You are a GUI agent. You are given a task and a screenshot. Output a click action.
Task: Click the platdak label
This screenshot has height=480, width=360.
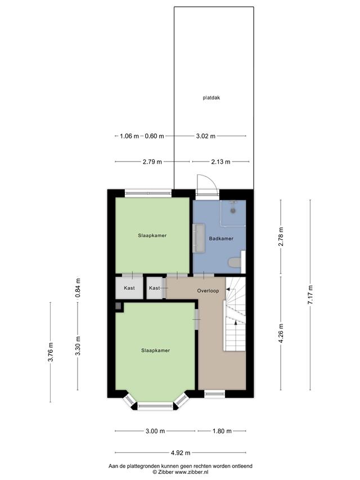point(211,98)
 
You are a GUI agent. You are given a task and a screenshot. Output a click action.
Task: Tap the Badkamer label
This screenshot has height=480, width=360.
point(221,239)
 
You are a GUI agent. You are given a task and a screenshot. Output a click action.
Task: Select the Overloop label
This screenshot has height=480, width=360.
point(208,291)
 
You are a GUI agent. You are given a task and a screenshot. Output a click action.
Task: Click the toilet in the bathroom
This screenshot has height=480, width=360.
point(235,263)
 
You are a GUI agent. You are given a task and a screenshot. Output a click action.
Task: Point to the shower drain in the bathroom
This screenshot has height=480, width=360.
point(233,210)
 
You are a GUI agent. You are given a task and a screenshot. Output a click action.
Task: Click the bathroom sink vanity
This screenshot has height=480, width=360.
point(199,238)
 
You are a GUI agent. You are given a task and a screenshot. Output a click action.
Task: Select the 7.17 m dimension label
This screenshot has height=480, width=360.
point(310,294)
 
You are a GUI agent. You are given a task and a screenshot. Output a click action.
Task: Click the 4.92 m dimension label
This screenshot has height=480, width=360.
point(181,452)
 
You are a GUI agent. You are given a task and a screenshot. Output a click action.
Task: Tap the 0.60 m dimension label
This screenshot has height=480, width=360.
point(154,136)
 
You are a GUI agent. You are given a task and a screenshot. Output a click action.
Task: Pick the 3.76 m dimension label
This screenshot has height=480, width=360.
point(51,352)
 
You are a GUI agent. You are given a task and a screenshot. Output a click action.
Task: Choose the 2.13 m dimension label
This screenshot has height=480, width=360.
point(220,162)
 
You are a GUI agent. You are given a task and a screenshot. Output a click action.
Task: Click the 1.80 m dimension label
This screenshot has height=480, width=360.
point(222,431)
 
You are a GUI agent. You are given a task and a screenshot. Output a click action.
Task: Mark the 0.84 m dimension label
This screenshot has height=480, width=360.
point(78,288)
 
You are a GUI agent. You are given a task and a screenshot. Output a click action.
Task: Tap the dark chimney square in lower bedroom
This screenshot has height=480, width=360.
point(118,306)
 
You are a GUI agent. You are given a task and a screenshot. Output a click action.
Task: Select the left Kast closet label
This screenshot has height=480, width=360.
point(129,288)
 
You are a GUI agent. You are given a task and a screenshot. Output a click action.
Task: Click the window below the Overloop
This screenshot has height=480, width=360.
point(214,394)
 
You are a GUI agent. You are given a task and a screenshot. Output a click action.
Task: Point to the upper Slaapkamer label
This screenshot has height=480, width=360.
point(152,235)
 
